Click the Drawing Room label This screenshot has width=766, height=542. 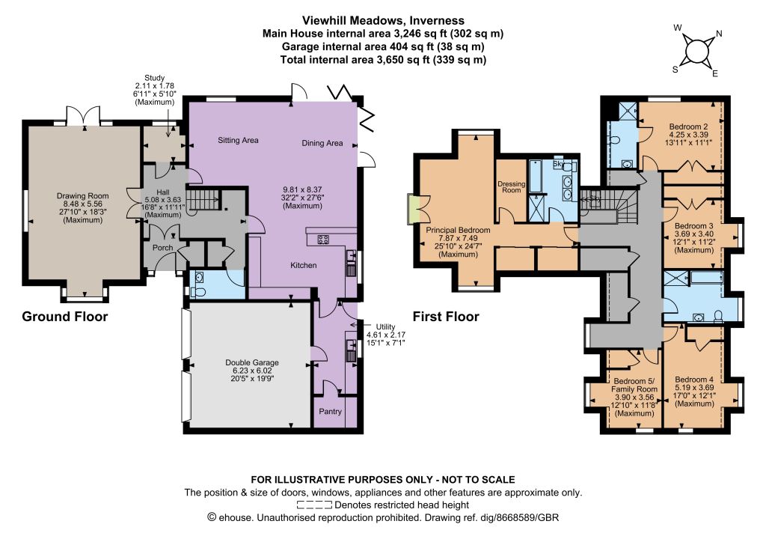[x=82, y=196]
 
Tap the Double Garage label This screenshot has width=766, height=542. [x=252, y=362]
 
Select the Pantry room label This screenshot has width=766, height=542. [x=330, y=412]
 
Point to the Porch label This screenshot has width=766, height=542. [x=162, y=248]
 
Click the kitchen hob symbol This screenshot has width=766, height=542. [x=323, y=240]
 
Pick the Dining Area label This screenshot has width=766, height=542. [x=322, y=143]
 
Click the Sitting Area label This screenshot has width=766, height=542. [x=238, y=140]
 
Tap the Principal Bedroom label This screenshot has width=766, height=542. [x=459, y=230]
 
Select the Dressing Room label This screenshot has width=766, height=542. [x=512, y=186]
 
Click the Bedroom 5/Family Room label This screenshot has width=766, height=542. [x=634, y=385]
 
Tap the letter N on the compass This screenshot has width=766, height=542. [x=719, y=34]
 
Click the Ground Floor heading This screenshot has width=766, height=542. [x=65, y=317]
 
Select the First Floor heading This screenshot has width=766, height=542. [x=446, y=317]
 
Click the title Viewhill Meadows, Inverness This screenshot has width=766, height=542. [x=384, y=20]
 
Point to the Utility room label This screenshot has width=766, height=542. [x=385, y=326]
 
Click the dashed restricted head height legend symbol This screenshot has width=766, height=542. [x=314, y=505]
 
